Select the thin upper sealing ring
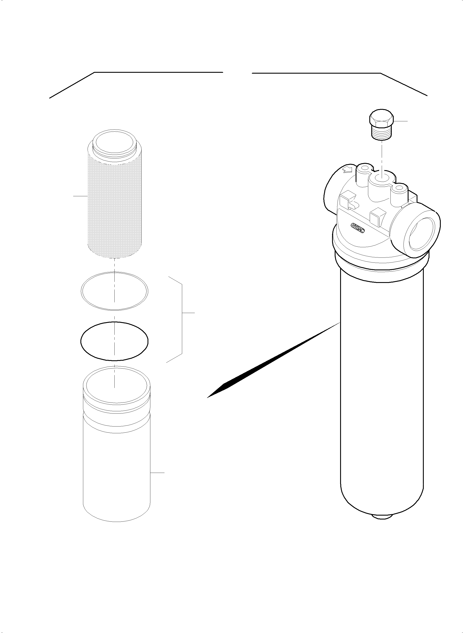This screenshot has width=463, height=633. point(114,291)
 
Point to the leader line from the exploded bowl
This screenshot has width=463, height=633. point(158,473)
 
